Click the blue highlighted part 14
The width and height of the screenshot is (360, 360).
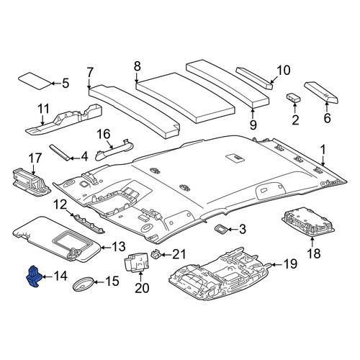(x=34, y=276)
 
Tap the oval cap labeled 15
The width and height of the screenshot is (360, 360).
(x=83, y=284)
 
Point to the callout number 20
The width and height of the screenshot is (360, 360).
(x=142, y=288)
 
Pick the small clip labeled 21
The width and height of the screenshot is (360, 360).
(x=156, y=253)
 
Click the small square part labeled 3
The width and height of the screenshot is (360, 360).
(x=221, y=229)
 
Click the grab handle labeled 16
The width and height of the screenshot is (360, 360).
(x=114, y=150)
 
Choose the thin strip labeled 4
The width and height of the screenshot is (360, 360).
(x=60, y=153)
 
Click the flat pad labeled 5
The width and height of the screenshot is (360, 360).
(x=35, y=81)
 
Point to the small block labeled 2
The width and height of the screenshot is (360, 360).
(x=294, y=98)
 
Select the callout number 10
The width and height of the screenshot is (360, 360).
(x=284, y=71)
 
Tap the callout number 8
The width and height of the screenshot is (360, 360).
(x=137, y=66)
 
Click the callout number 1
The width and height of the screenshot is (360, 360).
(x=323, y=149)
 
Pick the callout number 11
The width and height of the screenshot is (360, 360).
(x=43, y=109)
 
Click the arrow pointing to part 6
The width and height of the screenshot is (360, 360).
(x=327, y=107)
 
